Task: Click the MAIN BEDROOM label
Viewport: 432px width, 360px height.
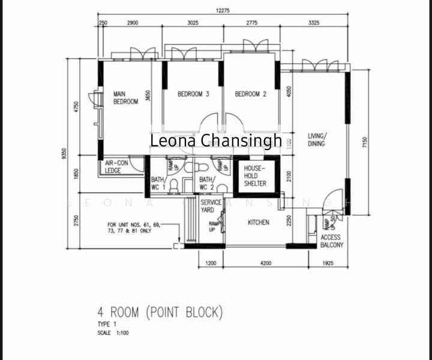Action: pos(125,98)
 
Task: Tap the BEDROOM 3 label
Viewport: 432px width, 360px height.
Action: pos(193,94)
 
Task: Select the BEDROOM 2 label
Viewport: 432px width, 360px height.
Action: pos(250,94)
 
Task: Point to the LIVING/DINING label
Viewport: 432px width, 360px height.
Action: pos(317,140)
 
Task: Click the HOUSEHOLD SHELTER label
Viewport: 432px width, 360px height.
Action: pos(255,176)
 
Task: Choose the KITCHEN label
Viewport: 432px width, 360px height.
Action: pos(259,223)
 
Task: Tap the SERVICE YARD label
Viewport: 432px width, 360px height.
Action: pos(211,206)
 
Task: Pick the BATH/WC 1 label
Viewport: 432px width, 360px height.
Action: pos(158,184)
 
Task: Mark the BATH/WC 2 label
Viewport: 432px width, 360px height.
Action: pos(206,184)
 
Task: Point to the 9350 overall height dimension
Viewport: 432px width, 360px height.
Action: pos(64,154)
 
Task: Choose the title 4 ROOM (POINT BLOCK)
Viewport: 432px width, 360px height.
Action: pos(160,312)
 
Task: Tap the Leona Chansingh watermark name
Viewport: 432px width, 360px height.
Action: pos(215,141)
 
